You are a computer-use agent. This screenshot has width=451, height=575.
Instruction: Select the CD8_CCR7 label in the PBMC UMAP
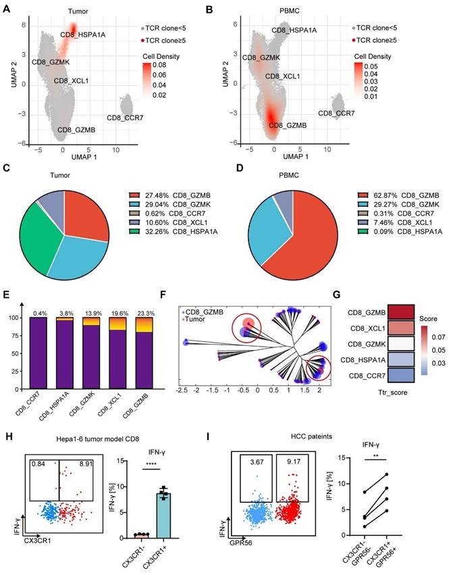tap(336, 114)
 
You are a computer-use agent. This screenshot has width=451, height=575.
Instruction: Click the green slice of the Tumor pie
tap(41, 216)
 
